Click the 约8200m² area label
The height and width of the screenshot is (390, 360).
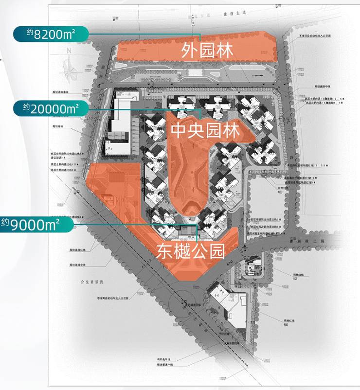(51, 34)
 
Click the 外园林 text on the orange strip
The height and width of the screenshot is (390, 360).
(208, 51)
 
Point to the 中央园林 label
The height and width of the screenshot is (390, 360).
(205, 131)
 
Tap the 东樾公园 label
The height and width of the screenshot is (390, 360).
(190, 251)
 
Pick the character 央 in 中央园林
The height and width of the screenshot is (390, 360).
(196, 131)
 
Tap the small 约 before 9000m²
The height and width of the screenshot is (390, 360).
(5, 222)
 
